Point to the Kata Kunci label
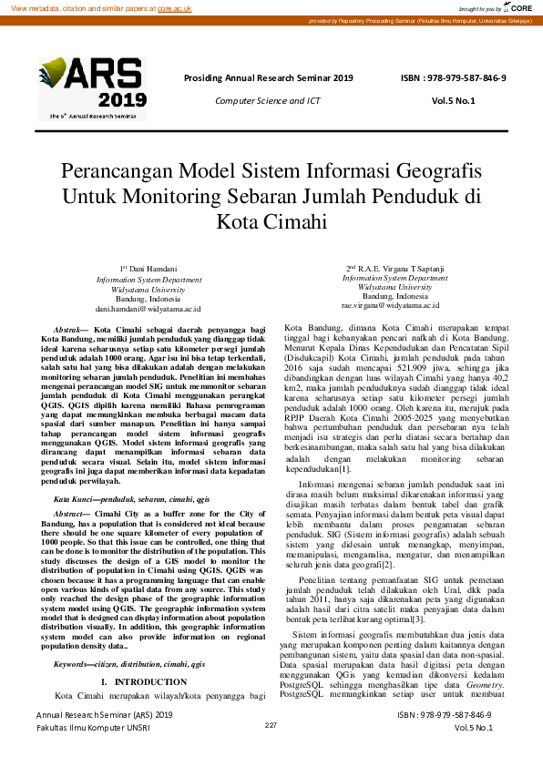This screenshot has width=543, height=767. click(76, 500)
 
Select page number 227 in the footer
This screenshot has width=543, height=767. click(271, 751)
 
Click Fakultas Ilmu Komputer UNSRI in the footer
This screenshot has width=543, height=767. click(94, 754)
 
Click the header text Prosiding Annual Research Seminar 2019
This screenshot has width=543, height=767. click(268, 78)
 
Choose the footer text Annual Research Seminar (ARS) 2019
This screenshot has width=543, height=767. click(104, 741)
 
